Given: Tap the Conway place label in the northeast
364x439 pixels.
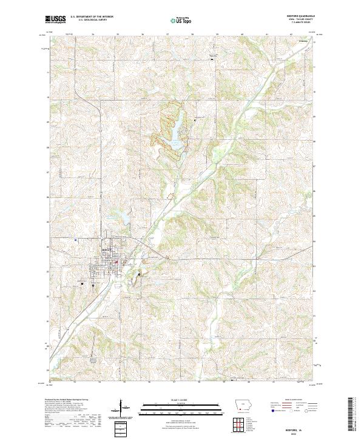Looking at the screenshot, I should point(303,41).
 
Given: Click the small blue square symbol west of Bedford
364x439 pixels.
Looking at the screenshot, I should point(75,239).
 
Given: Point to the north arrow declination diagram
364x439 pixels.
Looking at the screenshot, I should point(121,410).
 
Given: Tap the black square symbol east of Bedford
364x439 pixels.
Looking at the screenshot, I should point(139,274).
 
